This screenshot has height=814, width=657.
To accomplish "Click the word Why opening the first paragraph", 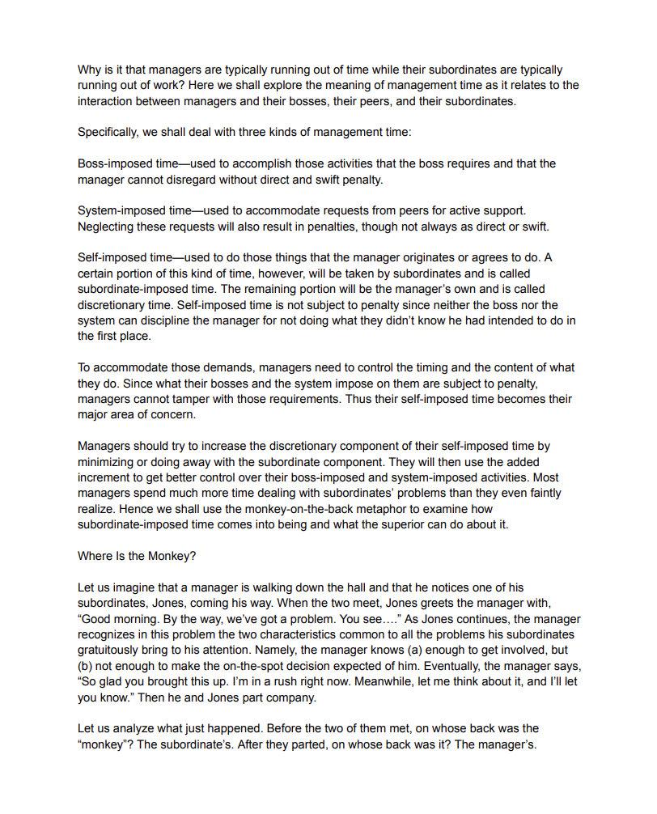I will click(x=88, y=70).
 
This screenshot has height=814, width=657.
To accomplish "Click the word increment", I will click(x=104, y=477).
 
